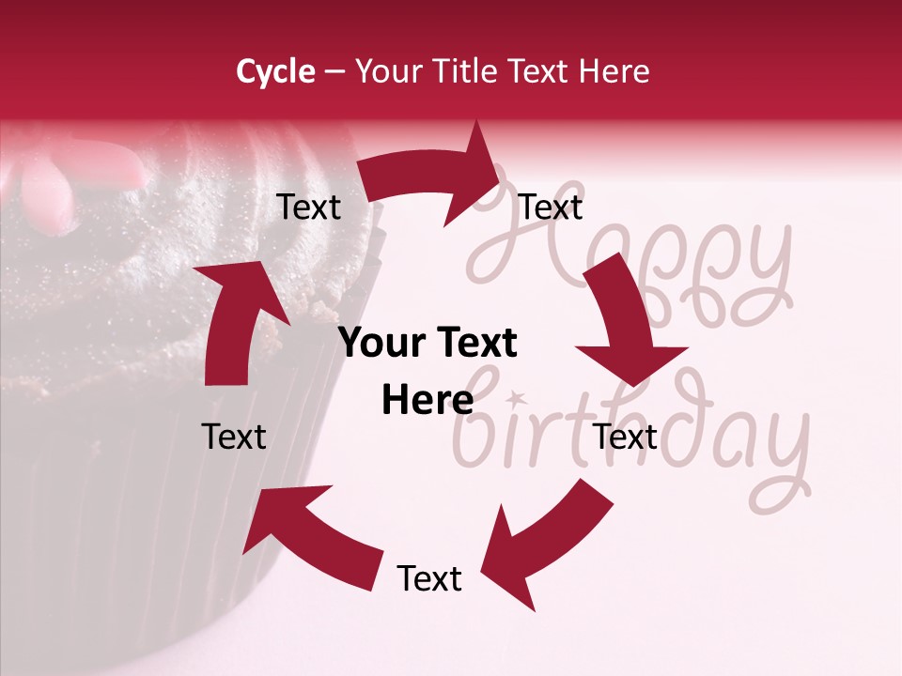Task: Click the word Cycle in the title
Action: pos(275,71)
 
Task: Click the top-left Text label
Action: pos(308,207)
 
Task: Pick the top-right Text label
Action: pos(551,207)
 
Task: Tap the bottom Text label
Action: pos(429,578)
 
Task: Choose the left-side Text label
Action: pos(234,437)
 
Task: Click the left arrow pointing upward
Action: pos(235,319)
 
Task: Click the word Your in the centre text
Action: pos(379,344)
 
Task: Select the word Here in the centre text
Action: pos(428,400)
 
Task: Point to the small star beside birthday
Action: pos(514,398)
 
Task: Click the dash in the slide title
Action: pos(334,72)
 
